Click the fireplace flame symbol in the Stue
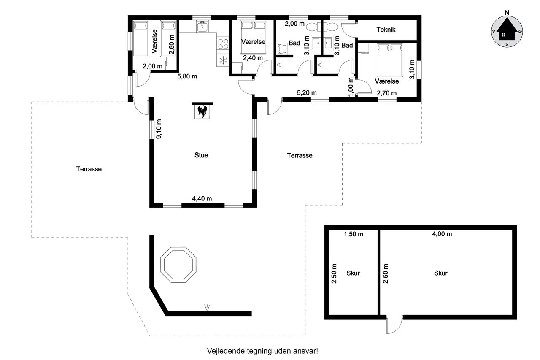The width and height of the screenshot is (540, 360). click(202, 111)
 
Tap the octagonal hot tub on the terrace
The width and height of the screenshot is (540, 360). click(178, 265)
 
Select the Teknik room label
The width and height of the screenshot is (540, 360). click(386, 30)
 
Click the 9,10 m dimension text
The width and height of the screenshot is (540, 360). click(159, 129)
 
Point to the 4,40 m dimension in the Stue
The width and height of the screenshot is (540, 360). click(202, 198)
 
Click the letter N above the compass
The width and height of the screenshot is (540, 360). click(507, 13)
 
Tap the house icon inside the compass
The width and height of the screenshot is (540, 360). click(507, 29)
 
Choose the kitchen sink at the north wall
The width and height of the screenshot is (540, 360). click(202, 27)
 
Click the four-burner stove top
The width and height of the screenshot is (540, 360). click(223, 43)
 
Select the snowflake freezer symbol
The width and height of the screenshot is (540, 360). click(223, 60)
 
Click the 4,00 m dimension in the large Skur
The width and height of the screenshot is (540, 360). click(442, 234)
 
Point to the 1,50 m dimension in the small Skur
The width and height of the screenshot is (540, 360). click(354, 234)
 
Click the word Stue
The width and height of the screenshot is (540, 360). click(201, 155)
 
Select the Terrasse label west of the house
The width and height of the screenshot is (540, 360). click(89, 169)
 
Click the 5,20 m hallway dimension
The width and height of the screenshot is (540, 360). click(307, 92)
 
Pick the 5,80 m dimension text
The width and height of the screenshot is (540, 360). click(187, 76)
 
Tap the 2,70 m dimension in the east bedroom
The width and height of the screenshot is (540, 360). click(387, 93)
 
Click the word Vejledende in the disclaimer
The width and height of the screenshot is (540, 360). click(226, 351)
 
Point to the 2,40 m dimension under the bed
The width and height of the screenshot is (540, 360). click(253, 58)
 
